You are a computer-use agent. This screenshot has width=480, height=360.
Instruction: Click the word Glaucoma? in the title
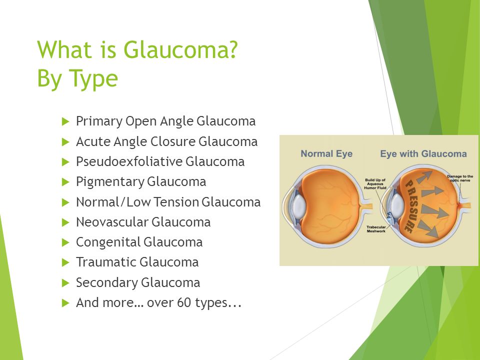coord(180,49)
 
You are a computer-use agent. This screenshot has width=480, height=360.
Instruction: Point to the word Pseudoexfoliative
coord(129,161)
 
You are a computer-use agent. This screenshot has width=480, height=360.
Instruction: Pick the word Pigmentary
coord(110,182)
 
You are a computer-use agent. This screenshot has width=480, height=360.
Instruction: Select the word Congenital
coord(108,242)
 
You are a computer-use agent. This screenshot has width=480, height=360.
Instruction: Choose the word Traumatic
coord(106,262)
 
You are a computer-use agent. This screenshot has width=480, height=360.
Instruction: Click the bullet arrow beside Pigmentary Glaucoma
coord(65,182)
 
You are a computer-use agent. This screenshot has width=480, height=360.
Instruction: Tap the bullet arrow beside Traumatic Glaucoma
coord(65,262)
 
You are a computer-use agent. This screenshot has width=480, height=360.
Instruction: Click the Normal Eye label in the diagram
coord(326,153)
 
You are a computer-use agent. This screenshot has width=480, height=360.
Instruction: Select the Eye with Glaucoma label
coord(423,153)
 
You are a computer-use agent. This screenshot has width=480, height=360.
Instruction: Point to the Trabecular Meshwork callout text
coord(376,229)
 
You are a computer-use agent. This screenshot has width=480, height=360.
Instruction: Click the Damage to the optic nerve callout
coord(460,178)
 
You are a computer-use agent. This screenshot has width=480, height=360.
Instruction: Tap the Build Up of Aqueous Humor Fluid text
coord(375,184)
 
